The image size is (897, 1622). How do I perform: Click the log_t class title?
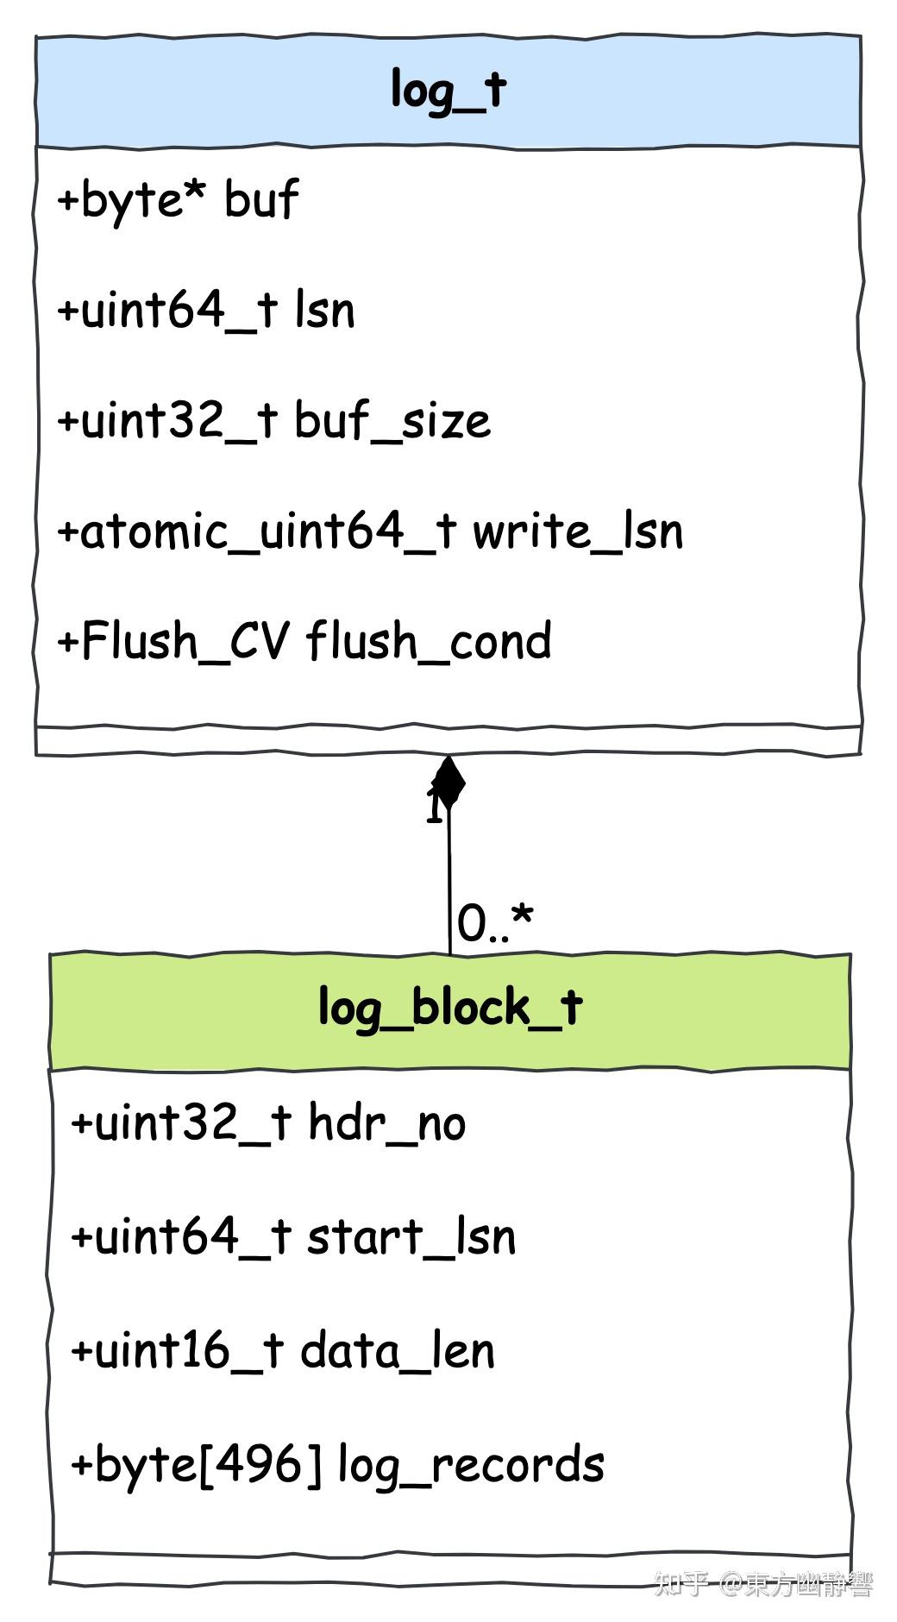tap(448, 90)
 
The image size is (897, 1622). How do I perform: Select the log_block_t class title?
tap(449, 1008)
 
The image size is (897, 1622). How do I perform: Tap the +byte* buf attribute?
tap(178, 200)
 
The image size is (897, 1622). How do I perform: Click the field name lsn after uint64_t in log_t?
tap(324, 311)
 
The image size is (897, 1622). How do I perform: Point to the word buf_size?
tap(392, 421)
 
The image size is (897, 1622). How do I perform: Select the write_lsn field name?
tap(577, 531)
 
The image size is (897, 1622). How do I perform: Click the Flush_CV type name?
tap(185, 641)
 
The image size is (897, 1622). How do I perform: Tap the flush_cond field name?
tap(429, 641)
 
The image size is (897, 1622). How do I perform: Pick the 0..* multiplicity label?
tap(495, 923)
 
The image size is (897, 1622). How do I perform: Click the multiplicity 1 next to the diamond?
tap(435, 808)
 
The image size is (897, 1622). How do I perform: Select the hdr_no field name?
tap(386, 1123)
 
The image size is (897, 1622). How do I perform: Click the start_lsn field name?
tap(411, 1236)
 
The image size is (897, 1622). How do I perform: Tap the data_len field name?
tap(398, 1350)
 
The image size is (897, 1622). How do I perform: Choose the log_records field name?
tap(470, 1465)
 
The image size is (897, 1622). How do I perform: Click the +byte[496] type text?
tap(197, 1465)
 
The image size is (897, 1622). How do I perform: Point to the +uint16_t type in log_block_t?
tap(177, 1350)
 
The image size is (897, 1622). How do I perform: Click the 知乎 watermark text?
tap(681, 1584)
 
